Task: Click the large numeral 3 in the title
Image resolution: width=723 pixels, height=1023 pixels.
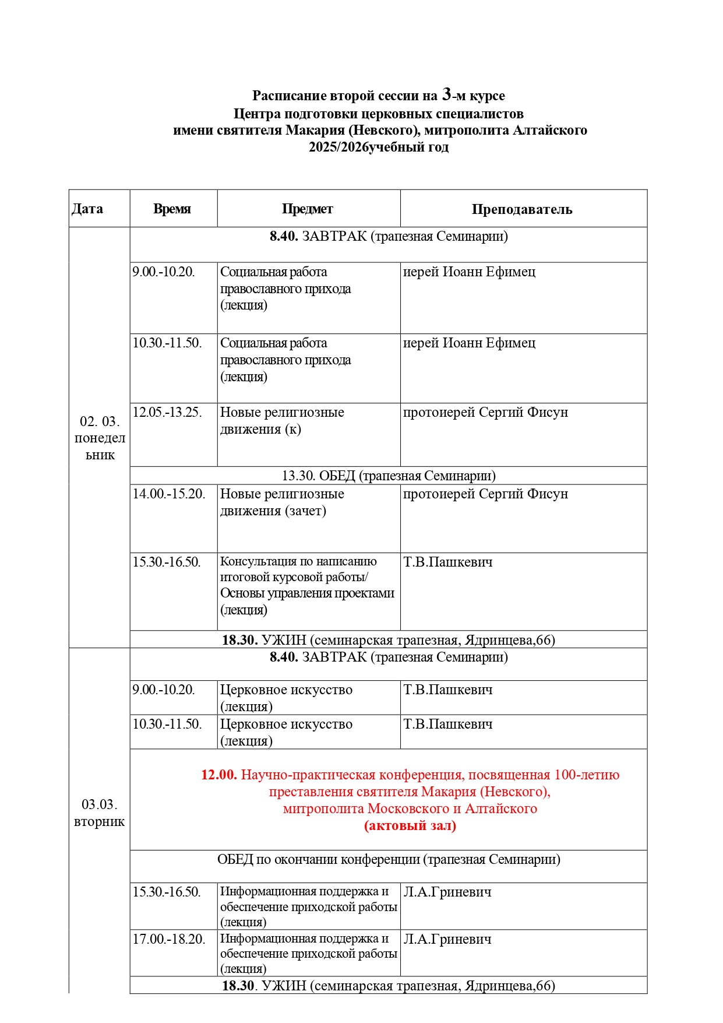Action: (x=447, y=94)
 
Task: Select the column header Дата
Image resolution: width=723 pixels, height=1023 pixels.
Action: (x=87, y=209)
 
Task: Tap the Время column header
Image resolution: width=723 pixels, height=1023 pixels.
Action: (x=172, y=209)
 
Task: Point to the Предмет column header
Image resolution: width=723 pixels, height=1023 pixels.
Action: (x=307, y=209)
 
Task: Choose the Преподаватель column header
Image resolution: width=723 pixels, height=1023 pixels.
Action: (x=521, y=209)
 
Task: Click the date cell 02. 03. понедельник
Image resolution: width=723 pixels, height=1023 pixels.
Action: (x=100, y=438)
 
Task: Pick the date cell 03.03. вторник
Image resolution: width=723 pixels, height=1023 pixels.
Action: (x=100, y=813)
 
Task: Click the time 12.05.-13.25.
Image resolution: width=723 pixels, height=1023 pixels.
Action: (x=167, y=412)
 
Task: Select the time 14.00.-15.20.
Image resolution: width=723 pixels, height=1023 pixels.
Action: (x=169, y=494)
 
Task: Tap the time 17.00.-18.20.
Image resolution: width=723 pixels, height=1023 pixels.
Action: (x=169, y=939)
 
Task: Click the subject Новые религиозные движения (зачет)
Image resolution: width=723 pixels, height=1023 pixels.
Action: (x=282, y=502)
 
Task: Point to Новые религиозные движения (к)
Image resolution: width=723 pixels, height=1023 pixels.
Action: (x=282, y=420)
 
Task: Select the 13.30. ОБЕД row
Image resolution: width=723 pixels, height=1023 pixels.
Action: (x=389, y=476)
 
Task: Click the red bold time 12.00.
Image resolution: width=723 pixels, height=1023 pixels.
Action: (x=218, y=775)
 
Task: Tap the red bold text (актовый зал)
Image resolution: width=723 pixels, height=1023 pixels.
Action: (x=410, y=825)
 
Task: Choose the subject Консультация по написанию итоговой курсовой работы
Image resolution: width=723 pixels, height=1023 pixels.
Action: (x=298, y=569)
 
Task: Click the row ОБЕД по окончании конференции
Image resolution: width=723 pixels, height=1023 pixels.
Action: (x=389, y=859)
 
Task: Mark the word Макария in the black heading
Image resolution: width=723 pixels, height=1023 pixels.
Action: (x=315, y=130)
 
